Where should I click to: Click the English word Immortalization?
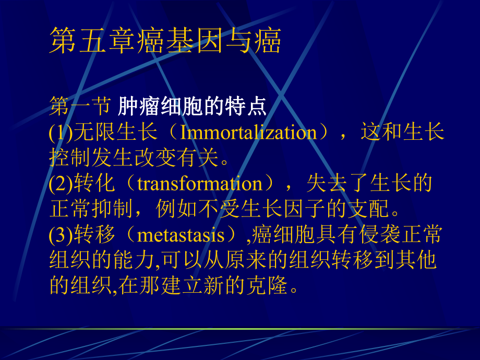tap(248, 133)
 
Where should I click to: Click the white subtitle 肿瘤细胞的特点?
tap(193, 107)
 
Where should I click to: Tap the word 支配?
tap(369, 209)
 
